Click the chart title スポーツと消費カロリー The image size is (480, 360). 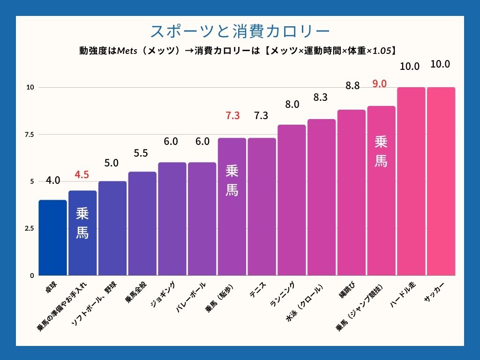(x=240, y=31)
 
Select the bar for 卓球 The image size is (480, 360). (x=52, y=238)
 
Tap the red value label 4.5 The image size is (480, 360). (x=82, y=175)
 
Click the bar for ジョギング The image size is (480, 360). (x=172, y=219)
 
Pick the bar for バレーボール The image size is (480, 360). (x=202, y=219)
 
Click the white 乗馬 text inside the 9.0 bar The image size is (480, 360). (x=381, y=151)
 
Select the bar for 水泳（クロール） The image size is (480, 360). (x=322, y=197)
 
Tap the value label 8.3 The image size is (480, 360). (x=322, y=97)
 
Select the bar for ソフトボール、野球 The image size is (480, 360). (x=112, y=228)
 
